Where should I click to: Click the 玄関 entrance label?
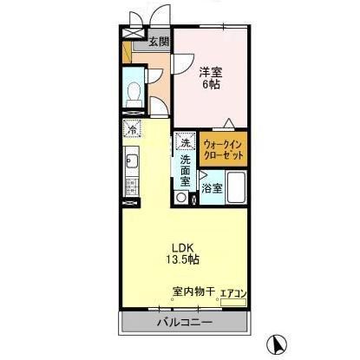158,41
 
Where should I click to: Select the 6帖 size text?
210,84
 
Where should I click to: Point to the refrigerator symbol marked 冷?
132,130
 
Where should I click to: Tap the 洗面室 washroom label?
187,168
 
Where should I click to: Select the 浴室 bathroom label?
211,187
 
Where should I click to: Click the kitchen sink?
132,161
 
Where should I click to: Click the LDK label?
180,245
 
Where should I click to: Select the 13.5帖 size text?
182,259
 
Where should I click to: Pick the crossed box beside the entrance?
133,31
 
